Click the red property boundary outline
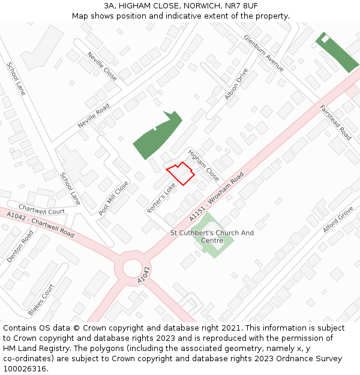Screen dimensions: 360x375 tap(180, 173)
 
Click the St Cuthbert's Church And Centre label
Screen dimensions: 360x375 tap(212, 236)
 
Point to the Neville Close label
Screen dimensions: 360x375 tap(102, 66)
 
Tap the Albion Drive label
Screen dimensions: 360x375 tap(236, 84)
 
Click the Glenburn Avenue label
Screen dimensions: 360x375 tap(263, 53)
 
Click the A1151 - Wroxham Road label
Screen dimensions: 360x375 tap(217, 198)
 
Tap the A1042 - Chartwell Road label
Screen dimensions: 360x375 tap(40, 224)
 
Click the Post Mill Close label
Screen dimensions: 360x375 tap(113, 198)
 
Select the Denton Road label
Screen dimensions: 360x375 tap(20, 246)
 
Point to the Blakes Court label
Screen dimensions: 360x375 tap(40, 299)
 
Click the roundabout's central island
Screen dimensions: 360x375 tap(133, 268)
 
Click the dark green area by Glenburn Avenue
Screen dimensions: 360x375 tap(338, 52)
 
